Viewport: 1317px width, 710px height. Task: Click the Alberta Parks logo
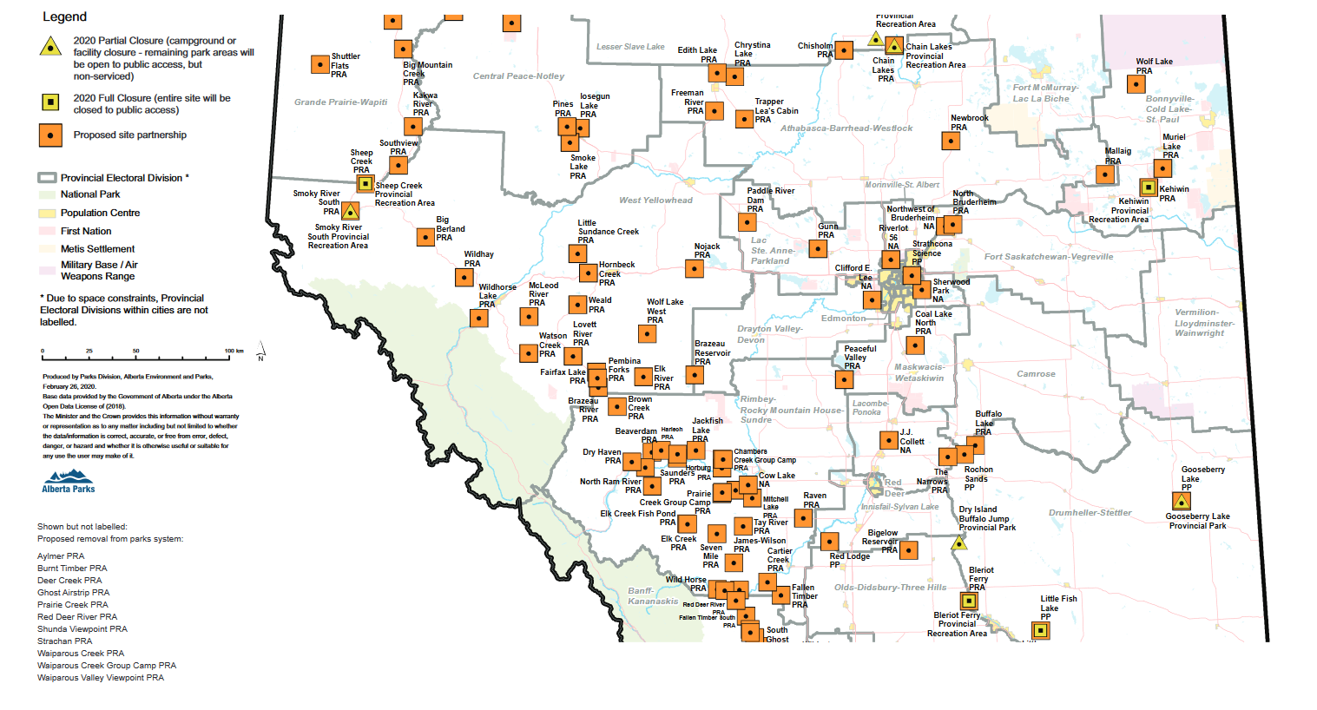[69, 481]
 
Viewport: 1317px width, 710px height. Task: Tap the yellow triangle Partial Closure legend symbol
[51, 47]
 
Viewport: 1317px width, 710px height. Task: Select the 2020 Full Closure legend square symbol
[51, 103]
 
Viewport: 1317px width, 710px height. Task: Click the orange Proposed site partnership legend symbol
[51, 135]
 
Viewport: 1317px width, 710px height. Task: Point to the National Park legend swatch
[47, 194]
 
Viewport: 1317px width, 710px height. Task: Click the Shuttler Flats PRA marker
[320, 65]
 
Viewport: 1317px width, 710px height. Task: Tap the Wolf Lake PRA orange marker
[1136, 84]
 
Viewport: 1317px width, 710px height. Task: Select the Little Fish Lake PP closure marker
[1040, 631]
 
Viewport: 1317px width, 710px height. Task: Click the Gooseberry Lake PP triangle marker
[1181, 501]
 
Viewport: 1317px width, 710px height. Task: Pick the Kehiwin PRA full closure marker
[1148, 187]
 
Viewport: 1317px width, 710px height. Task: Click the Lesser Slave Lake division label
[630, 47]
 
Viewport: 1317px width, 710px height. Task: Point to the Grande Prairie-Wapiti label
[340, 102]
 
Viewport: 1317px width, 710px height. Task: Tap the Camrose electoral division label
[1036, 374]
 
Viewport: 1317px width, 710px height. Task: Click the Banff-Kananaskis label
[653, 596]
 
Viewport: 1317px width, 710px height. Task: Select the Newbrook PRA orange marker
[952, 141]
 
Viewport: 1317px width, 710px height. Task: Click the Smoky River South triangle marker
[350, 211]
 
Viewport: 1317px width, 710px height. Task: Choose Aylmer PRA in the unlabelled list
[61, 556]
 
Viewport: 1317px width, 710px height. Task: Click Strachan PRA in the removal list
[64, 641]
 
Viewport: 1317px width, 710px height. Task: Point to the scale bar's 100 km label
[234, 352]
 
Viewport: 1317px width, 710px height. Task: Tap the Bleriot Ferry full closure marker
[969, 601]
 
